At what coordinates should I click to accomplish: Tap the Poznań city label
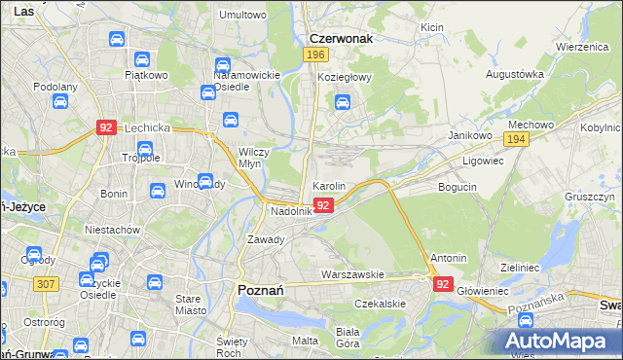click(x=261, y=289)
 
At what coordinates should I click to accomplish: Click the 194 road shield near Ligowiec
click(x=517, y=140)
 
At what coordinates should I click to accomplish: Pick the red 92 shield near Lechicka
click(x=107, y=127)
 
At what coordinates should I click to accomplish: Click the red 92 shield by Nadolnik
click(x=325, y=205)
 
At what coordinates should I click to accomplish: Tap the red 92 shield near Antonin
click(x=443, y=284)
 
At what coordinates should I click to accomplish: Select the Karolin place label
click(x=329, y=185)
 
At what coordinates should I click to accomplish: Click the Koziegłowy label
click(x=346, y=78)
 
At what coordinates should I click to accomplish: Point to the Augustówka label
click(x=514, y=74)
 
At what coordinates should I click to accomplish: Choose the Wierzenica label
click(x=582, y=46)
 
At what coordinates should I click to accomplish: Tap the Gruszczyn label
click(x=587, y=197)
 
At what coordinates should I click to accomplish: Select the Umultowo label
click(x=243, y=15)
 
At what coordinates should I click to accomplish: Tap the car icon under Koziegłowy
click(x=342, y=100)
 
